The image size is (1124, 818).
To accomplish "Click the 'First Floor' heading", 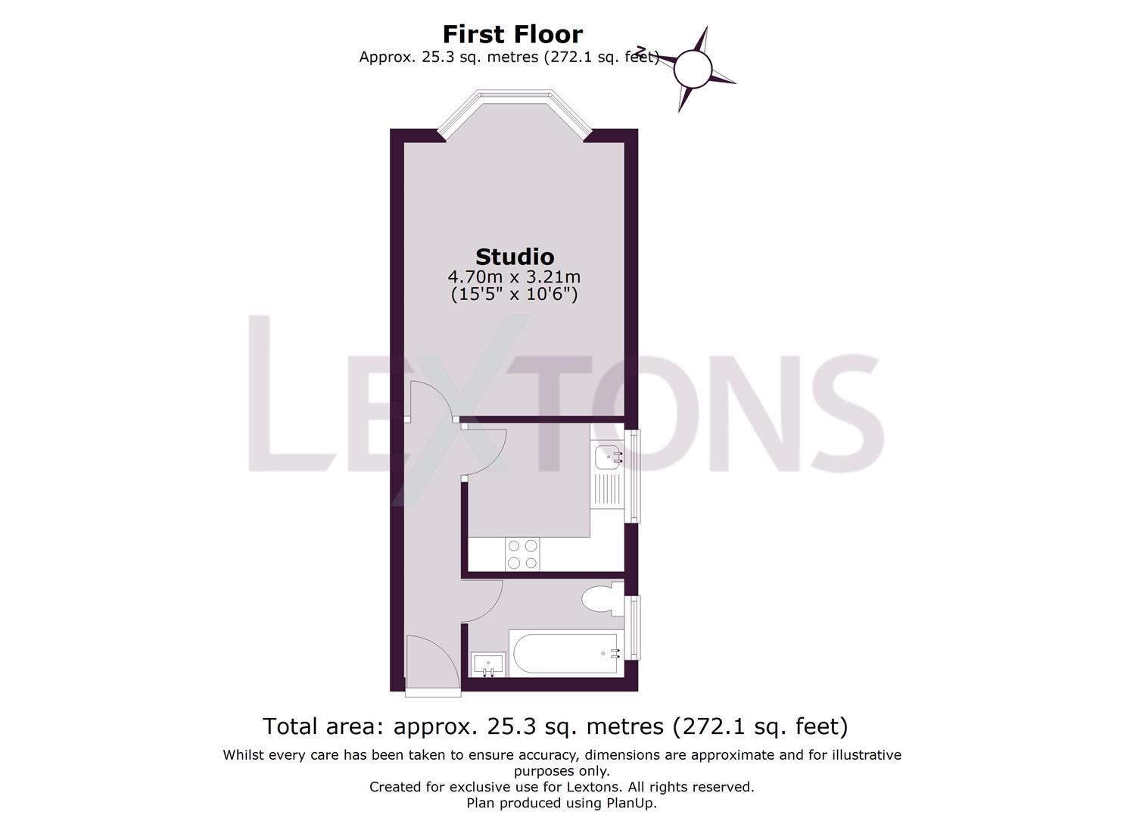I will coord(512,34).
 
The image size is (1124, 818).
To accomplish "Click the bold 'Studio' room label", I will coord(515,257).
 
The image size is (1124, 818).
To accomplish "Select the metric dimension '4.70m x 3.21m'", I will coord(515,276).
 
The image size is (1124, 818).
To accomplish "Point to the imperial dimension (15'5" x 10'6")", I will coord(515,294).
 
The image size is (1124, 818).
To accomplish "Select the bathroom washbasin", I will coord(487,664).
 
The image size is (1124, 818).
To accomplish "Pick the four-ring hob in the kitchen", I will coord(522,554).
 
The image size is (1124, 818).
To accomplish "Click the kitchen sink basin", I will coord(608,457).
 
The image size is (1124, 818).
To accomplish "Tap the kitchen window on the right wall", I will coord(635,476).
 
